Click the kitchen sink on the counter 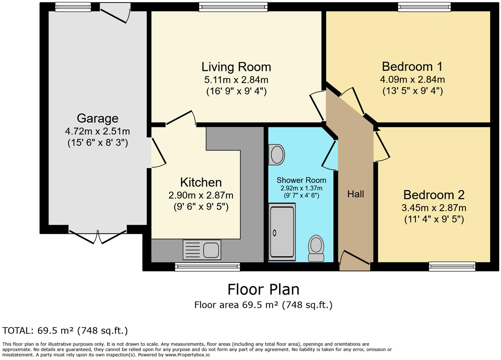pyautogui.click(x=202, y=249)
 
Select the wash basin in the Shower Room pyautogui.click(x=277, y=155)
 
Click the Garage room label pyautogui.click(x=98, y=118)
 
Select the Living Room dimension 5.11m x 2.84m pyautogui.click(x=236, y=80)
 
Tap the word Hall pyautogui.click(x=356, y=194)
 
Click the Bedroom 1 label pyautogui.click(x=412, y=67)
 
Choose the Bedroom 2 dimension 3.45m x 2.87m pyautogui.click(x=434, y=208)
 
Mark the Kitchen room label pyautogui.click(x=201, y=182)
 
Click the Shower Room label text pyautogui.click(x=301, y=180)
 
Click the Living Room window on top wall pyautogui.click(x=234, y=7)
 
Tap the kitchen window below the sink pyautogui.click(x=207, y=267)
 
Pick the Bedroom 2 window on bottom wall pyautogui.click(x=452, y=266)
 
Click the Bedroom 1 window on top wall pyautogui.click(x=424, y=7)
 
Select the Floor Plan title pyautogui.click(x=263, y=289)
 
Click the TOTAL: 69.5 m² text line pyautogui.click(x=65, y=330)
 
